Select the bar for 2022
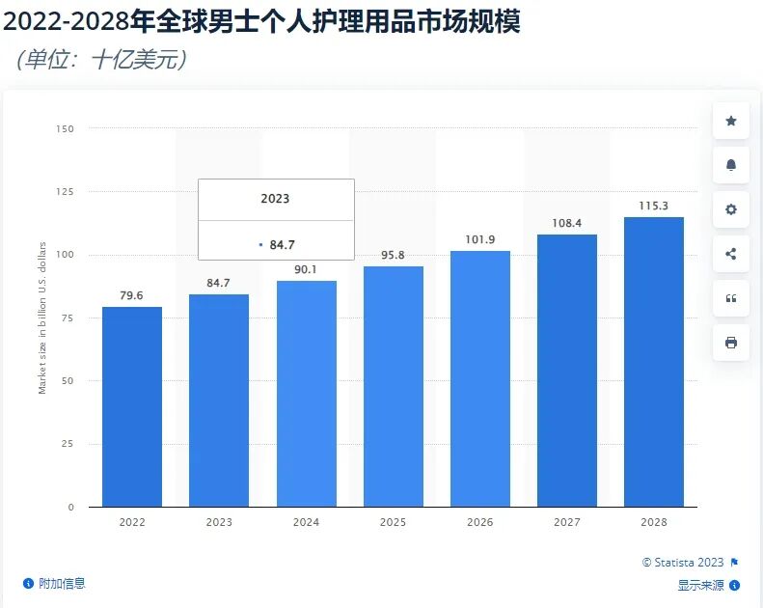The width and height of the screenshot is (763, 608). click(x=132, y=406)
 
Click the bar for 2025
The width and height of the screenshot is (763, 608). click(x=394, y=386)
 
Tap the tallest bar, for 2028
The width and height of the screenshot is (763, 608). click(x=654, y=362)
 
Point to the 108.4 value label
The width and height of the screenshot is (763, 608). click(x=566, y=223)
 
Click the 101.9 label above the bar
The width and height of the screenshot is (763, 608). click(x=479, y=239)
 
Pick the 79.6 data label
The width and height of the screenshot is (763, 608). click(x=131, y=295)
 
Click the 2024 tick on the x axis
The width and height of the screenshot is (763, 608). click(x=306, y=522)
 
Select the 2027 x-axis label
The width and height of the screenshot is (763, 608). click(x=566, y=522)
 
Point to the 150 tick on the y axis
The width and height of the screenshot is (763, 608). click(x=65, y=128)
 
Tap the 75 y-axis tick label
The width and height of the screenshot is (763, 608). click(x=68, y=318)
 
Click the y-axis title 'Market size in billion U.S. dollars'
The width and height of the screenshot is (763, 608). click(x=42, y=318)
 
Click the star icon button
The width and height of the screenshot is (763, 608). click(x=730, y=121)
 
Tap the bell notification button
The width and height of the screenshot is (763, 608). click(x=730, y=165)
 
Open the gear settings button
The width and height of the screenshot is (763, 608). click(x=730, y=209)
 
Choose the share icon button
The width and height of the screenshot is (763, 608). click(x=730, y=254)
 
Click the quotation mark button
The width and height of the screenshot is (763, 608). click(x=730, y=298)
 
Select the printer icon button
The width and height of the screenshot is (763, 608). click(x=730, y=343)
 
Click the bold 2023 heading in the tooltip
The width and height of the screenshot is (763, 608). click(x=275, y=199)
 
